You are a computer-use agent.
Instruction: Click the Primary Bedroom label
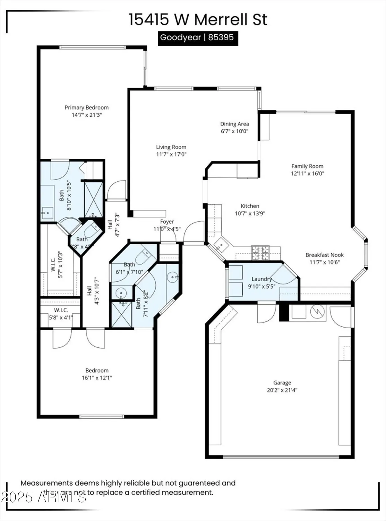coord(86,108)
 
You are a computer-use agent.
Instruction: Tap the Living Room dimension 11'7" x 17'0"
coord(171,155)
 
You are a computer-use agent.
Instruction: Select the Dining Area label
coord(234,124)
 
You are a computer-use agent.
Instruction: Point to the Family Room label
coord(307,166)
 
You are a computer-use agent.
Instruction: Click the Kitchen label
coord(250,206)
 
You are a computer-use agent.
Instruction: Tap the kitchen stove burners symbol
coord(260,253)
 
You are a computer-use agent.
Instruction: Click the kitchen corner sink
coord(220,245)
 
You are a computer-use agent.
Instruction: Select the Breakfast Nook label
coord(324,255)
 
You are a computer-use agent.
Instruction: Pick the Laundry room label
coord(261,279)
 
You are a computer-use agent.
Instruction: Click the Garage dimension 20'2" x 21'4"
coord(282,390)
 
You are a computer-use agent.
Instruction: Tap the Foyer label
coord(167,222)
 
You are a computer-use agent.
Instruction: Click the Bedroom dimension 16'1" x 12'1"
coord(97,378)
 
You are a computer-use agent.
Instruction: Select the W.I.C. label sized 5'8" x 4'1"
coord(61,310)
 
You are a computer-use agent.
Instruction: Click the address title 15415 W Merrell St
coord(198,19)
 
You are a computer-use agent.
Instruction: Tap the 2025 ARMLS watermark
coord(43,497)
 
